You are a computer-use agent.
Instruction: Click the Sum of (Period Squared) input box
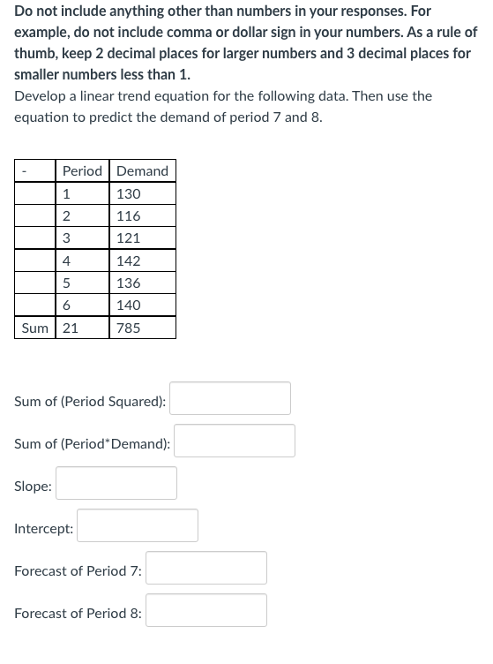click(230, 398)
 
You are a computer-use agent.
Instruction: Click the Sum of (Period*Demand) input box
click(235, 441)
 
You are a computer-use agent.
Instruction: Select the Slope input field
click(116, 483)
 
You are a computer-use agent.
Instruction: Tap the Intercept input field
click(138, 525)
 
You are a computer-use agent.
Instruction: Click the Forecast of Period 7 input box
click(206, 568)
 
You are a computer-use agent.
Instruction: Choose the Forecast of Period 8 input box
click(206, 610)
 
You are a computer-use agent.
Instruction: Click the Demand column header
click(142, 170)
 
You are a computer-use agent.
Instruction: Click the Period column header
click(82, 170)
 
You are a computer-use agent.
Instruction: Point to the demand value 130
click(129, 193)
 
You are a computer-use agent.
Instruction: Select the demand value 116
click(129, 215)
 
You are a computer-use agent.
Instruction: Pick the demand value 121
click(129, 238)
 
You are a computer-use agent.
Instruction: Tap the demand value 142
click(129, 260)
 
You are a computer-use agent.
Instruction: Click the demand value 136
click(129, 283)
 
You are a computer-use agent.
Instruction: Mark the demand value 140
click(129, 305)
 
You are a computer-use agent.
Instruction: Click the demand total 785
click(129, 328)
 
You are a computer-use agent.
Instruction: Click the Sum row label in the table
click(34, 328)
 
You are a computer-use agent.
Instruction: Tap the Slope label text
click(33, 486)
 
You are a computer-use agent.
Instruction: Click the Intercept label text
click(43, 528)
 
